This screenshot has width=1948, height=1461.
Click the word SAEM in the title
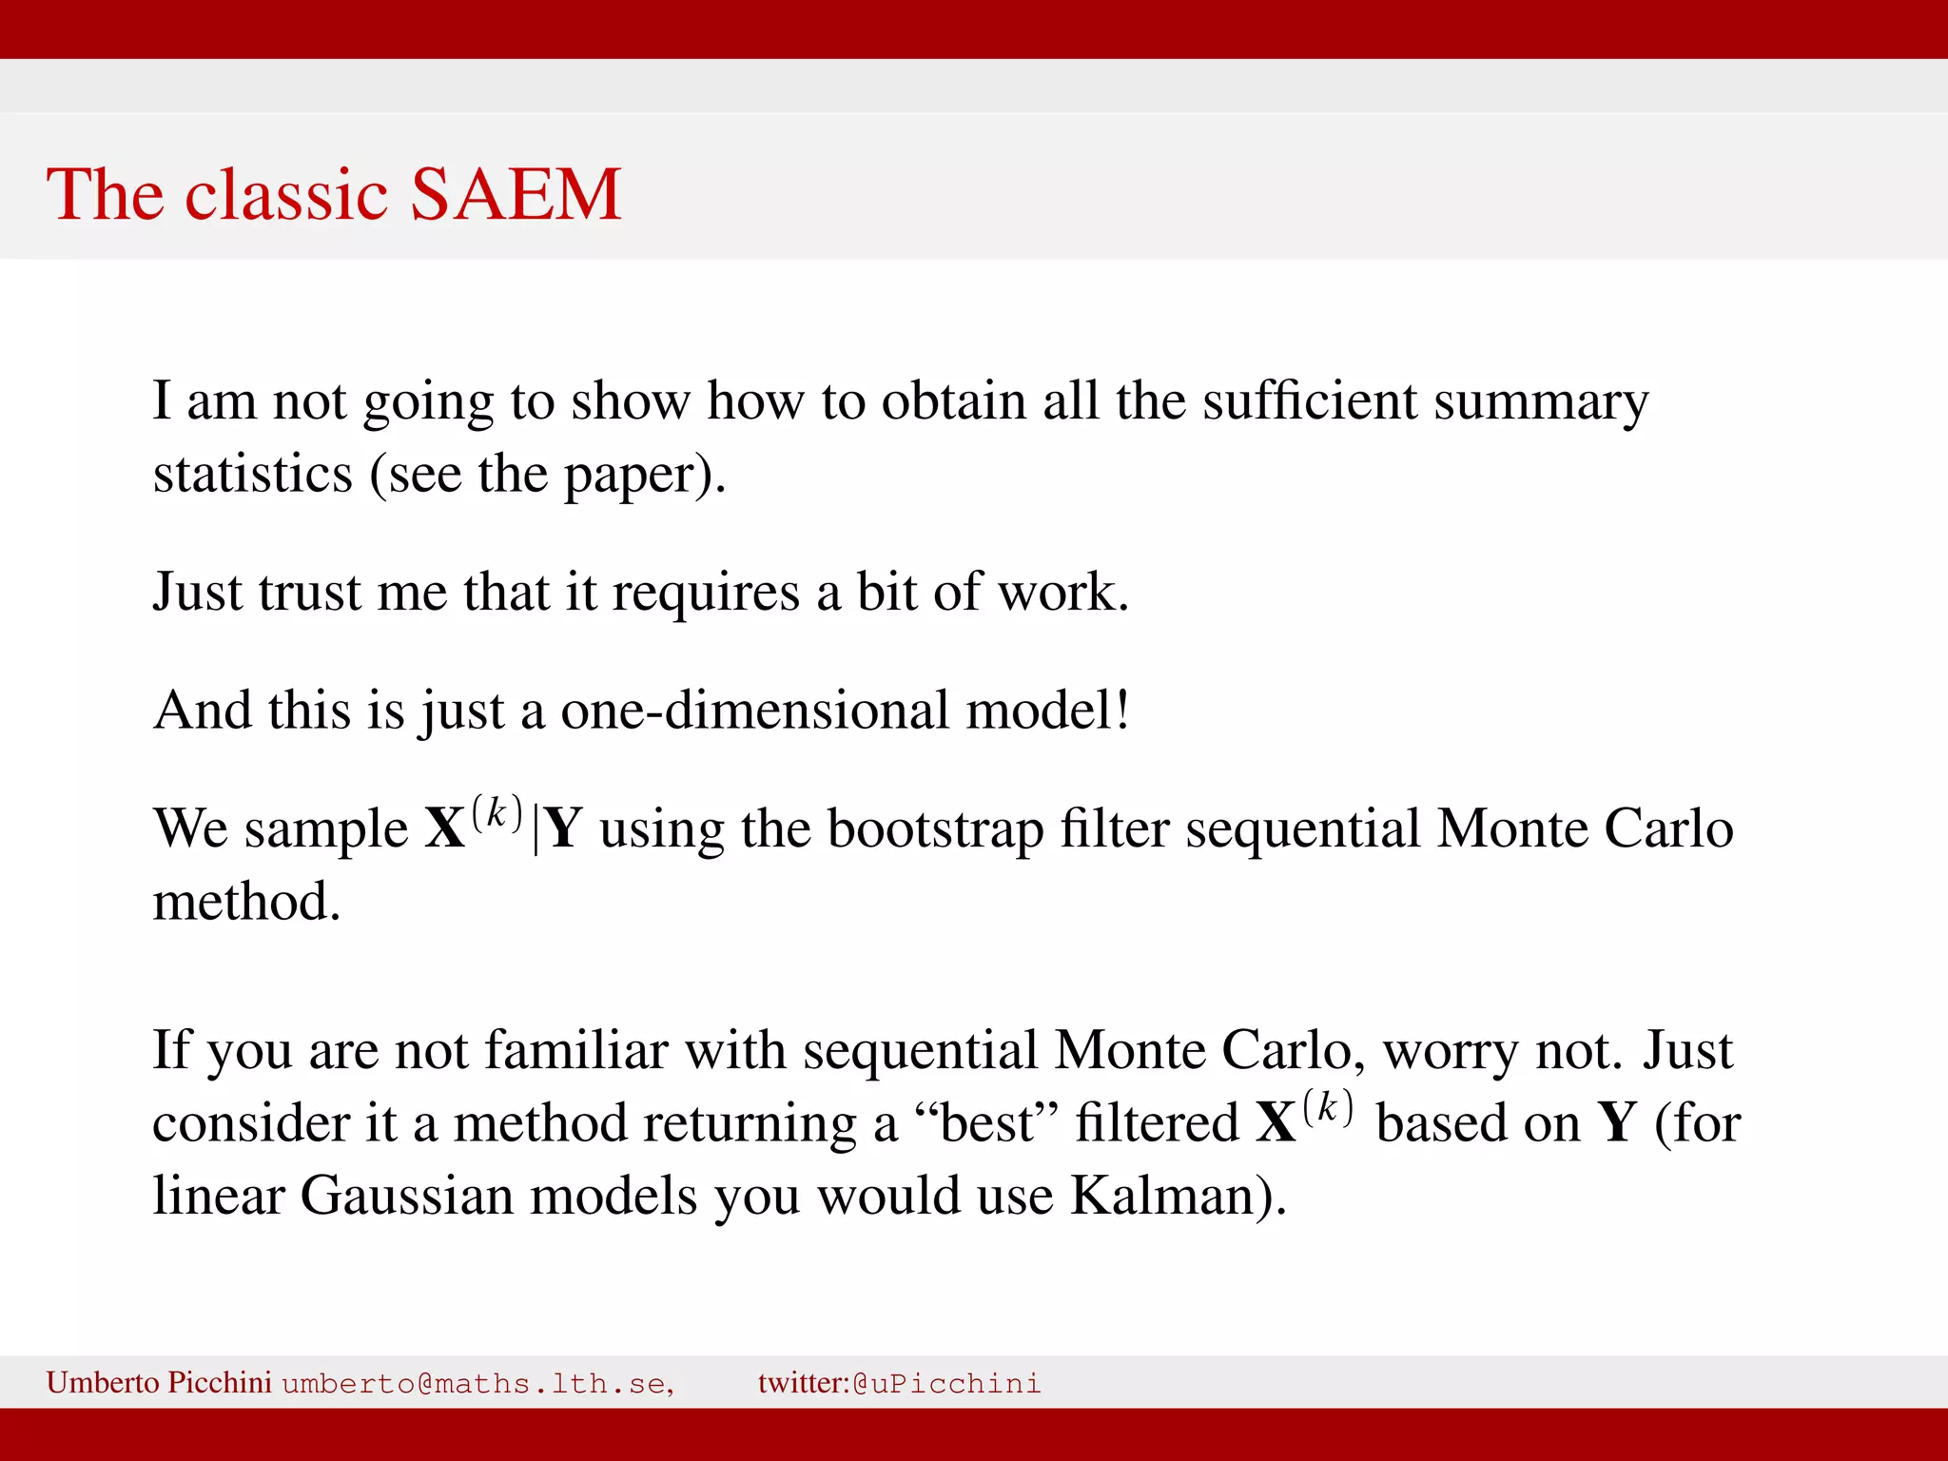(x=516, y=195)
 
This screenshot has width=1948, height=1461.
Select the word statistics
(x=252, y=474)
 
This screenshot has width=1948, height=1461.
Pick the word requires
(x=705, y=594)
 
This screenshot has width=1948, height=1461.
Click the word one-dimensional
(x=754, y=711)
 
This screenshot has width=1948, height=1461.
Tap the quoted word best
(x=986, y=1123)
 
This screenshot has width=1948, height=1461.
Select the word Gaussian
(x=407, y=1196)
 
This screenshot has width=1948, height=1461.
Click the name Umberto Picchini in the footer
(x=159, y=1382)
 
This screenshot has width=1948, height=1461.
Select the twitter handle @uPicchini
(x=946, y=1383)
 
